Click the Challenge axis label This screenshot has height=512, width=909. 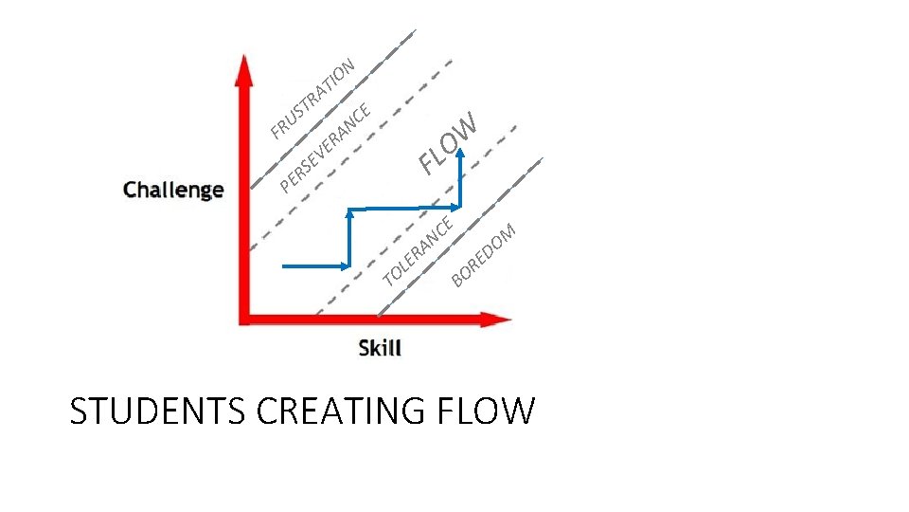coord(173,190)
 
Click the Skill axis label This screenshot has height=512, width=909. coord(380,348)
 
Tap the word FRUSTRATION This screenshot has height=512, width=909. coord(312,98)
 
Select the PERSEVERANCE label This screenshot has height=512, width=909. coord(324,146)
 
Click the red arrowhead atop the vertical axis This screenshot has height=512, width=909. coord(244,68)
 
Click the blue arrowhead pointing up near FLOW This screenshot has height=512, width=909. coord(461,157)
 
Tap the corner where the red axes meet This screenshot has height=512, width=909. coord(245,319)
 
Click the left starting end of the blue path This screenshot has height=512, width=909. coord(284,266)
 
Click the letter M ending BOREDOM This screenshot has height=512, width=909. coord(508,230)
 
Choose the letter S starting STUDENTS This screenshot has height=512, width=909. coord(80,411)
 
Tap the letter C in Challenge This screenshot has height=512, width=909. coord(131,190)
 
